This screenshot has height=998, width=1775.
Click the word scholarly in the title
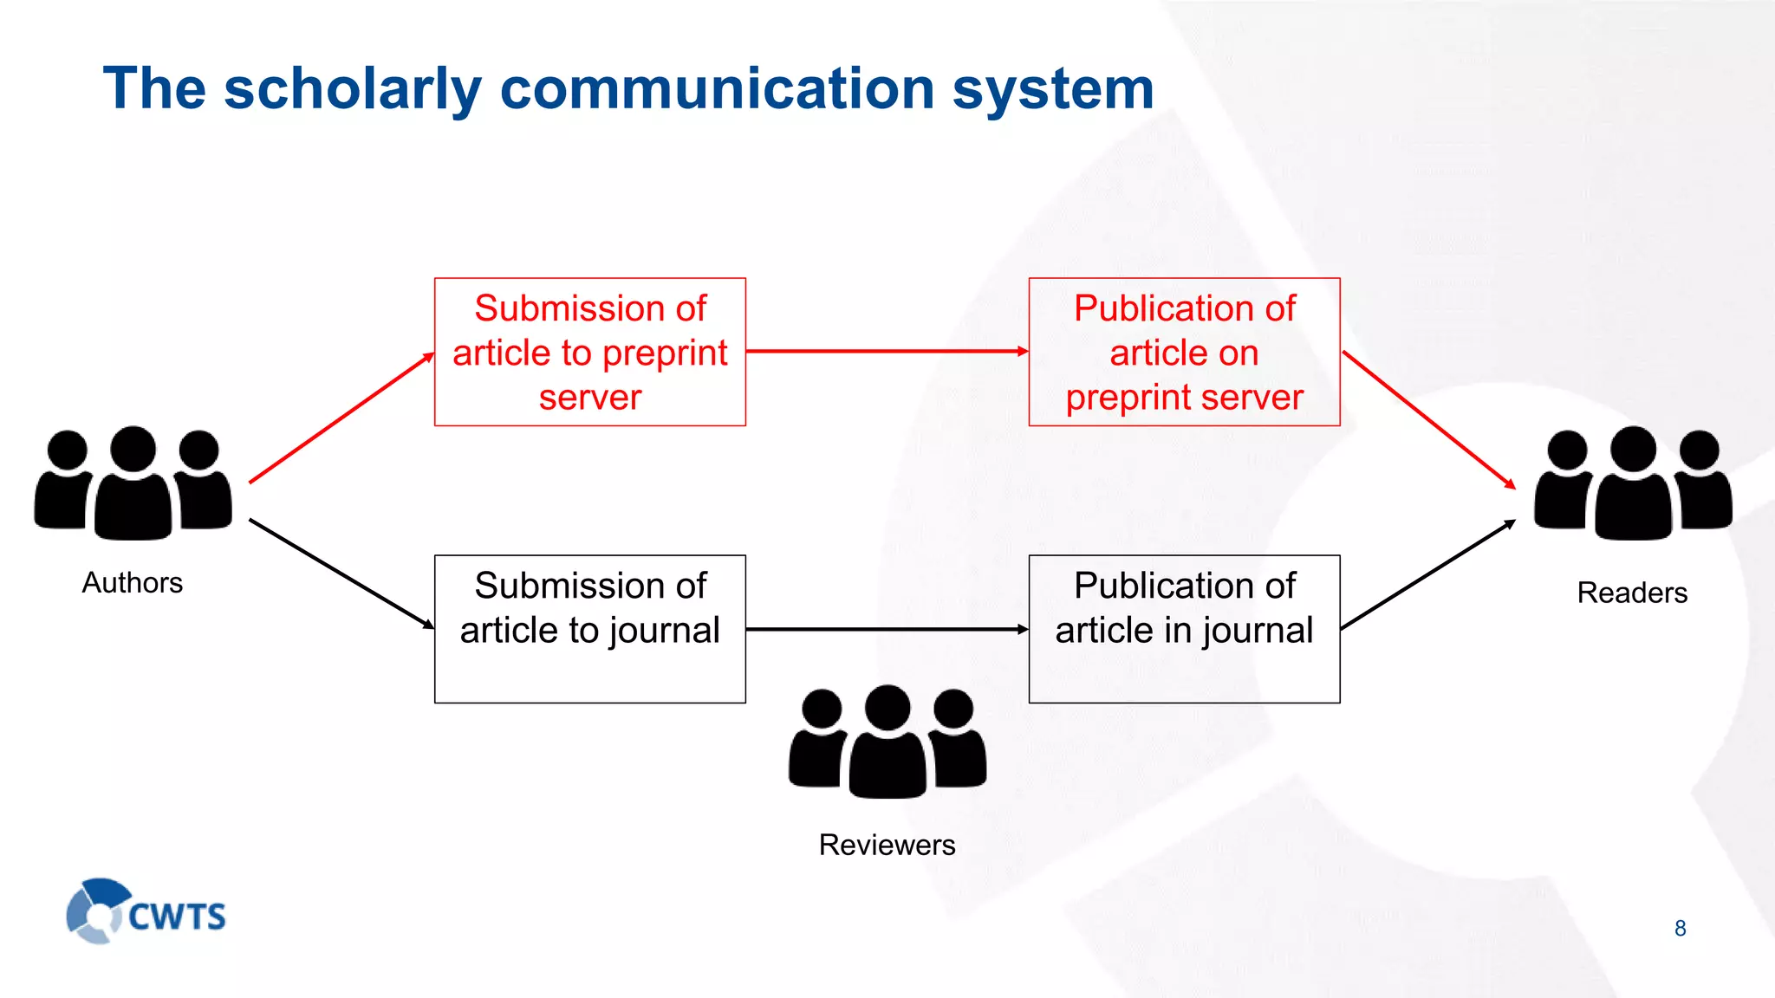click(352, 90)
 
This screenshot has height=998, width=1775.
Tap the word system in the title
click(1052, 90)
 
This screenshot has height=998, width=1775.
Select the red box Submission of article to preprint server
click(589, 352)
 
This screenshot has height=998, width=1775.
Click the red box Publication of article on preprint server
click(1184, 352)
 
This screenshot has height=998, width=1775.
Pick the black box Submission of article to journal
click(589, 629)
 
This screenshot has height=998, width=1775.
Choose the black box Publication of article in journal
click(1184, 629)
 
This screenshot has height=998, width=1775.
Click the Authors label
click(132, 583)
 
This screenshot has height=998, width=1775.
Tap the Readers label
click(1631, 593)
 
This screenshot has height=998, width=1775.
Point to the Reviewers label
click(887, 845)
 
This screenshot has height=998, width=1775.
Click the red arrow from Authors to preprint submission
click(341, 418)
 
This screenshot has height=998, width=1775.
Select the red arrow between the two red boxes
click(886, 352)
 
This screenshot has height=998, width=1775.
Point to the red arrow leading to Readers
click(1428, 420)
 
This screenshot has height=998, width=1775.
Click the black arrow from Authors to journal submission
click(341, 574)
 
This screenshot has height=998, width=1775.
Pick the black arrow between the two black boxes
click(886, 630)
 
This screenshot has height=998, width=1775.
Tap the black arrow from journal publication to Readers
click(1427, 574)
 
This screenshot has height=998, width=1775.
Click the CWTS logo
click(146, 912)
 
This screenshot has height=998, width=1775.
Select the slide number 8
click(1680, 929)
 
